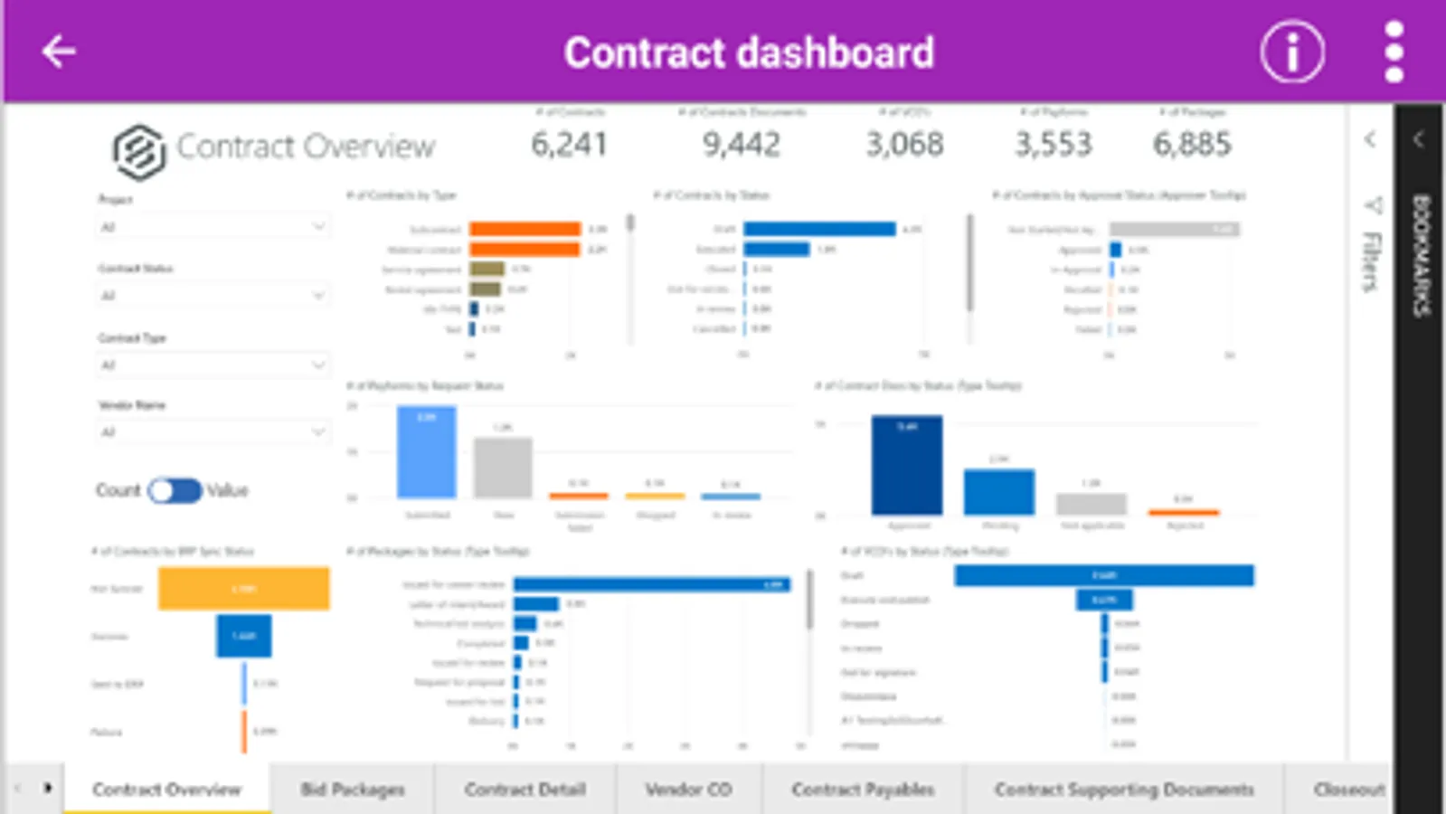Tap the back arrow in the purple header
click(59, 52)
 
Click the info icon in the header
click(1292, 52)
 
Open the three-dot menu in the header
click(1394, 52)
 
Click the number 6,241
click(569, 145)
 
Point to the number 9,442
click(742, 145)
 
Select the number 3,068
click(904, 145)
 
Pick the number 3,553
click(1054, 145)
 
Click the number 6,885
click(1192, 145)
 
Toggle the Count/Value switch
click(175, 490)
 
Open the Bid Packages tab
click(353, 790)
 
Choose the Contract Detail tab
click(525, 790)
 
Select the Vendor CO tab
click(688, 790)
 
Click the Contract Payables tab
click(863, 790)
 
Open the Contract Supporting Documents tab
click(1124, 790)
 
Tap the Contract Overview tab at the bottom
click(166, 790)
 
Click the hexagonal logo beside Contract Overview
click(138, 151)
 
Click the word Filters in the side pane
click(1372, 262)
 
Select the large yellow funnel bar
click(243, 589)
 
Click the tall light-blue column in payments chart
click(426, 452)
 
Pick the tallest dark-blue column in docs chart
click(906, 465)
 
